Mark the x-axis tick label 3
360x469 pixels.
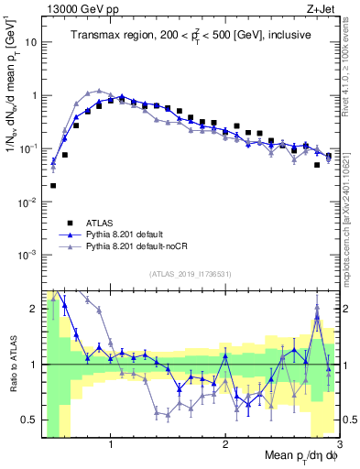point(338,445)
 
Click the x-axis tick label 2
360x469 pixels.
point(225,445)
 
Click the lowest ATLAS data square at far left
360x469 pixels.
point(53,185)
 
